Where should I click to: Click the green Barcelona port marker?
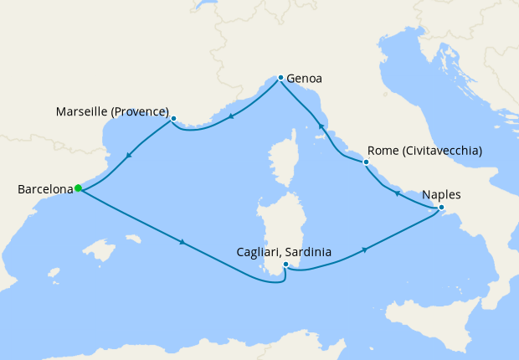point(78,188)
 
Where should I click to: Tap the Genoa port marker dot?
point(280,77)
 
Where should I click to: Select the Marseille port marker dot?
point(173,119)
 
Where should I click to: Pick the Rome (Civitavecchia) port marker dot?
point(366,162)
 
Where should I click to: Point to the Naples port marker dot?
point(441,208)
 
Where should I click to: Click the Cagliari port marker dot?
point(285,265)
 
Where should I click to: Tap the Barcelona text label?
point(45,190)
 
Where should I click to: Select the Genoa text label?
point(305,80)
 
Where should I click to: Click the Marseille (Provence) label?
point(112,111)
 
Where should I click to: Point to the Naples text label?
point(442,195)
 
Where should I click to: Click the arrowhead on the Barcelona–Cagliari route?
point(182,243)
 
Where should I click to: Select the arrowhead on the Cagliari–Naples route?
point(365,250)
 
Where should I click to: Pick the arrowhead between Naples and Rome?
point(397,193)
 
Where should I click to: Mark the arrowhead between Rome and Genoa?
point(321,128)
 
